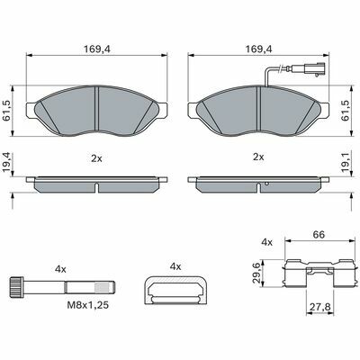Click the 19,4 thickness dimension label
tap(6, 162)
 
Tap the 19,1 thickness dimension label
tap(346, 162)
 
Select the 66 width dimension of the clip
tap(319, 235)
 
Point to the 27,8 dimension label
tap(319, 307)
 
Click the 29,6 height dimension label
tap(256, 274)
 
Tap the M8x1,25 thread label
tap(87, 305)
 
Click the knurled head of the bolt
tap(16, 287)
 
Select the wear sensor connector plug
tap(313, 70)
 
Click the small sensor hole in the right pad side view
tap(267, 184)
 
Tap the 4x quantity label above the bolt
tap(60, 269)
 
